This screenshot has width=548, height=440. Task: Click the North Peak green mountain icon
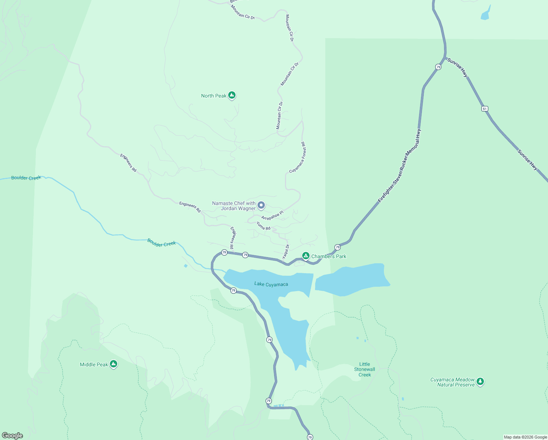(x=232, y=95)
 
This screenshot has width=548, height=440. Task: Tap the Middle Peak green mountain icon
(x=114, y=364)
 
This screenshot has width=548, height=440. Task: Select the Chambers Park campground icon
(x=306, y=256)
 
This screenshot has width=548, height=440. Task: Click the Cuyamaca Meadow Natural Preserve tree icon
(x=480, y=381)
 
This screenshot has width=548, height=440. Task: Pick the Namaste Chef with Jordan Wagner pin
(x=261, y=205)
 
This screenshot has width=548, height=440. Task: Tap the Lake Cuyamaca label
(x=271, y=284)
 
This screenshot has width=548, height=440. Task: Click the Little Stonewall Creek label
(x=364, y=370)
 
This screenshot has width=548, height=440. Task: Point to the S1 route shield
(x=485, y=109)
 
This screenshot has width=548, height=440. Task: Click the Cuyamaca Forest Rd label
(x=298, y=158)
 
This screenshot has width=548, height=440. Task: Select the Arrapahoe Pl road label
(x=272, y=216)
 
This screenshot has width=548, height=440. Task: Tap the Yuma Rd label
(x=263, y=226)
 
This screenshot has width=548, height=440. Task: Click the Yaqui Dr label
(x=286, y=252)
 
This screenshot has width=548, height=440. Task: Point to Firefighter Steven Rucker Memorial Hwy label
(x=400, y=166)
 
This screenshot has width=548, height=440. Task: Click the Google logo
(x=12, y=436)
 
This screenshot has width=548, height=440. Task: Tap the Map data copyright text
(x=525, y=437)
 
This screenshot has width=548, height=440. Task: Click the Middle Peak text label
(x=94, y=364)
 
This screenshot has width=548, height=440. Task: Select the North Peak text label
(x=214, y=96)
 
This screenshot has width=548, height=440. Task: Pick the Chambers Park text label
(x=329, y=256)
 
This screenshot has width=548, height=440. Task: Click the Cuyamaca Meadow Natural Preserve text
(x=452, y=382)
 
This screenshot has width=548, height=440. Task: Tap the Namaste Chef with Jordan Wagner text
(x=234, y=206)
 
